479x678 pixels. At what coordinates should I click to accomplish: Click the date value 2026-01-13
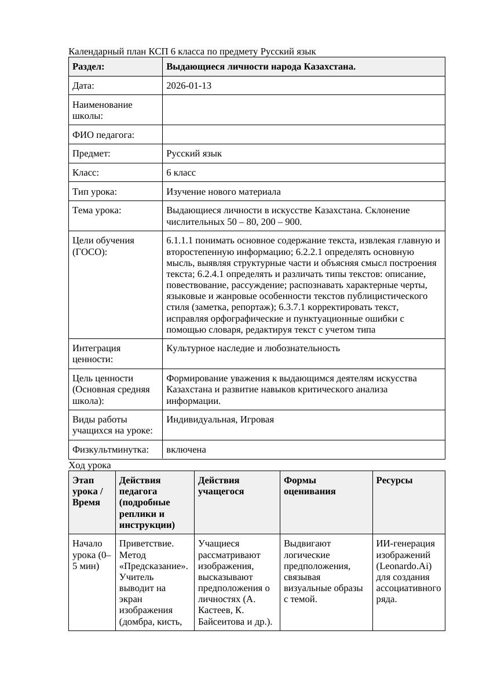click(189, 86)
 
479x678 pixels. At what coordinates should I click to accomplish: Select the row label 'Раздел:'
click(89, 67)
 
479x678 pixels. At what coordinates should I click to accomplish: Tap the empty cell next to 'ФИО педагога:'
click(304, 134)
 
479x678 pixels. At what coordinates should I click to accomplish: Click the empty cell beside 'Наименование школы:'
click(304, 110)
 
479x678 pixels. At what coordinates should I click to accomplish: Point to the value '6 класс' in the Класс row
click(181, 173)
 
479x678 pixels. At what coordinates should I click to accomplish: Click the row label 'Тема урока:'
click(97, 210)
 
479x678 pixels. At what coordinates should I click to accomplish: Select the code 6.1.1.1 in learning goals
click(181, 240)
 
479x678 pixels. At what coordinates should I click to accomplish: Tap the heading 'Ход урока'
click(90, 465)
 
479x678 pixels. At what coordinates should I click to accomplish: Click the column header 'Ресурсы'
click(394, 480)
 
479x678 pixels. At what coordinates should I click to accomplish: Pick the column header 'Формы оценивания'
click(309, 486)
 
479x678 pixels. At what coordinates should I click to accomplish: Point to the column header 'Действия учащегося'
click(221, 486)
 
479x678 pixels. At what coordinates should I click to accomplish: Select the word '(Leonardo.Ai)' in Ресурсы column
click(404, 566)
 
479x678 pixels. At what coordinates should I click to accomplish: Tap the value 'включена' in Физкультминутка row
click(186, 450)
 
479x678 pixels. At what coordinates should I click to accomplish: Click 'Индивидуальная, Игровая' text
click(220, 420)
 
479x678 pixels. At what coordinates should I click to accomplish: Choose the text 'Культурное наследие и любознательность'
click(253, 348)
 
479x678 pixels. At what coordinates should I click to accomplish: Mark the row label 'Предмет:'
click(92, 154)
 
